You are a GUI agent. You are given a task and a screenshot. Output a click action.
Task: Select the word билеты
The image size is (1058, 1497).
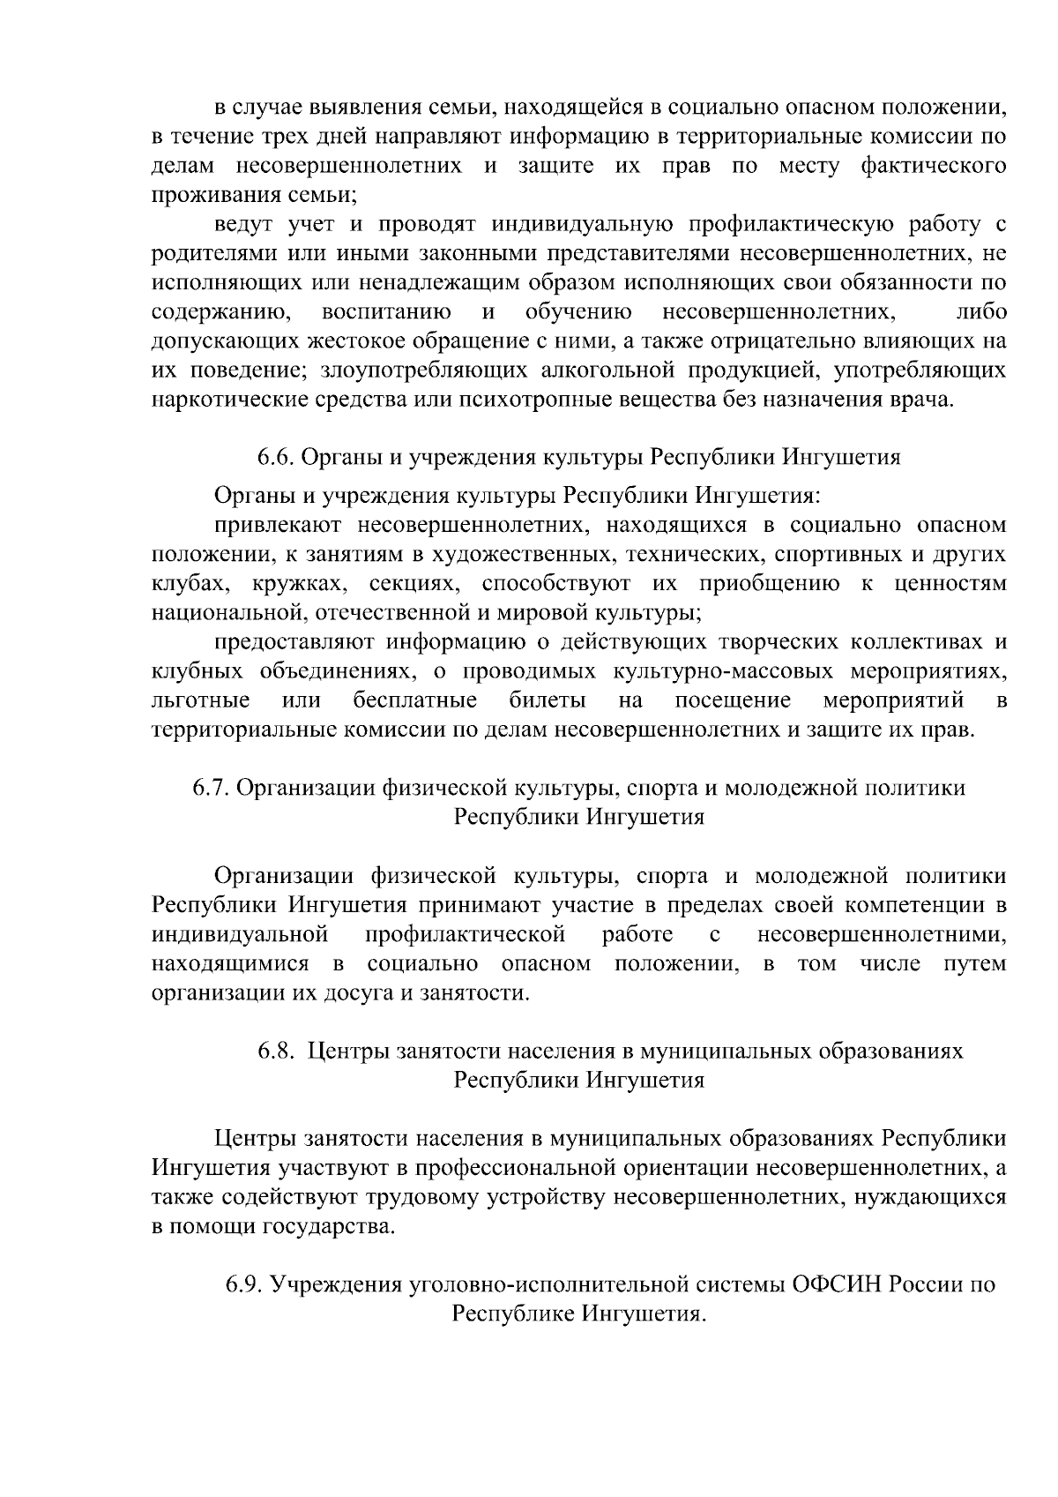[548, 701]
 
